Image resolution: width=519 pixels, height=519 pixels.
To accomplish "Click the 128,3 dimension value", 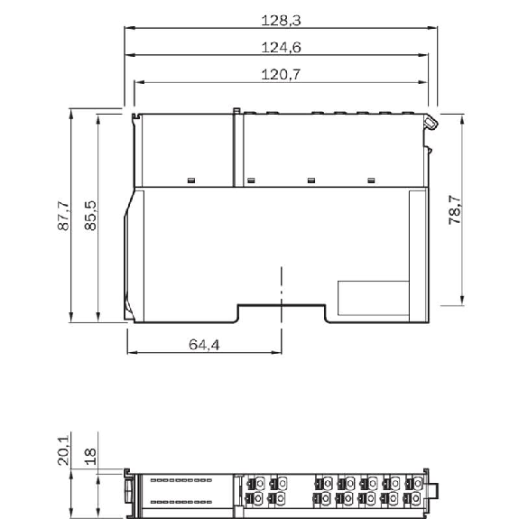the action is click(x=281, y=21).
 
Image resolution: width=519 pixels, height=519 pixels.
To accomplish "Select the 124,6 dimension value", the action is click(x=281, y=47).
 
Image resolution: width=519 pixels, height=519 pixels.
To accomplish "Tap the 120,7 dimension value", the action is click(x=281, y=74).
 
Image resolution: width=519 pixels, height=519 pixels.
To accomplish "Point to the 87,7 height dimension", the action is click(x=63, y=216).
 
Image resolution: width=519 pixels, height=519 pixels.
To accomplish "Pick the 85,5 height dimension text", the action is click(x=90, y=216).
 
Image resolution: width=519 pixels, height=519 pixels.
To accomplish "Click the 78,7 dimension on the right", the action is click(x=454, y=209).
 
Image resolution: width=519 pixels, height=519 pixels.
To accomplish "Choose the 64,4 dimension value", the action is click(x=204, y=345).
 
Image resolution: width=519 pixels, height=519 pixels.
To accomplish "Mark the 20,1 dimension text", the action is click(x=63, y=450).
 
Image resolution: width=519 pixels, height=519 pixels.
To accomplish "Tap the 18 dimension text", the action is click(x=90, y=457).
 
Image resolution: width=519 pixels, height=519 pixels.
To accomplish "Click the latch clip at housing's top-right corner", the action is click(x=431, y=123).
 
